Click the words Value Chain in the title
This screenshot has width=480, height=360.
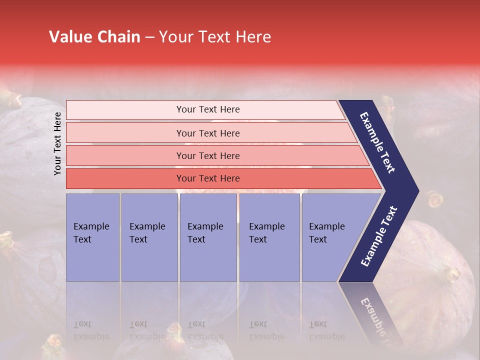tap(94, 37)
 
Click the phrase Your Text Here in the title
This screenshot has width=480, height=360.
tap(215, 37)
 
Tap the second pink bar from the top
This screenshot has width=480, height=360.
tap(208, 133)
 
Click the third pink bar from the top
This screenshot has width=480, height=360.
tap(208, 155)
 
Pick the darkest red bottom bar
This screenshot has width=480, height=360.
tap(208, 178)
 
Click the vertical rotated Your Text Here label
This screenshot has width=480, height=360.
tap(57, 143)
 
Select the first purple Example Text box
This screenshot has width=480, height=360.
tap(92, 237)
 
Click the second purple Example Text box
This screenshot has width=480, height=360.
tap(149, 237)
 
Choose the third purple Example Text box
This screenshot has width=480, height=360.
tap(208, 237)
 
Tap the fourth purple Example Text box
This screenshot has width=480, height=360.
tap(269, 237)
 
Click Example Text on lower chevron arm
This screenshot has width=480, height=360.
tap(379, 236)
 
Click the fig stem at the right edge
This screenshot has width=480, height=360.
tap(451, 274)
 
